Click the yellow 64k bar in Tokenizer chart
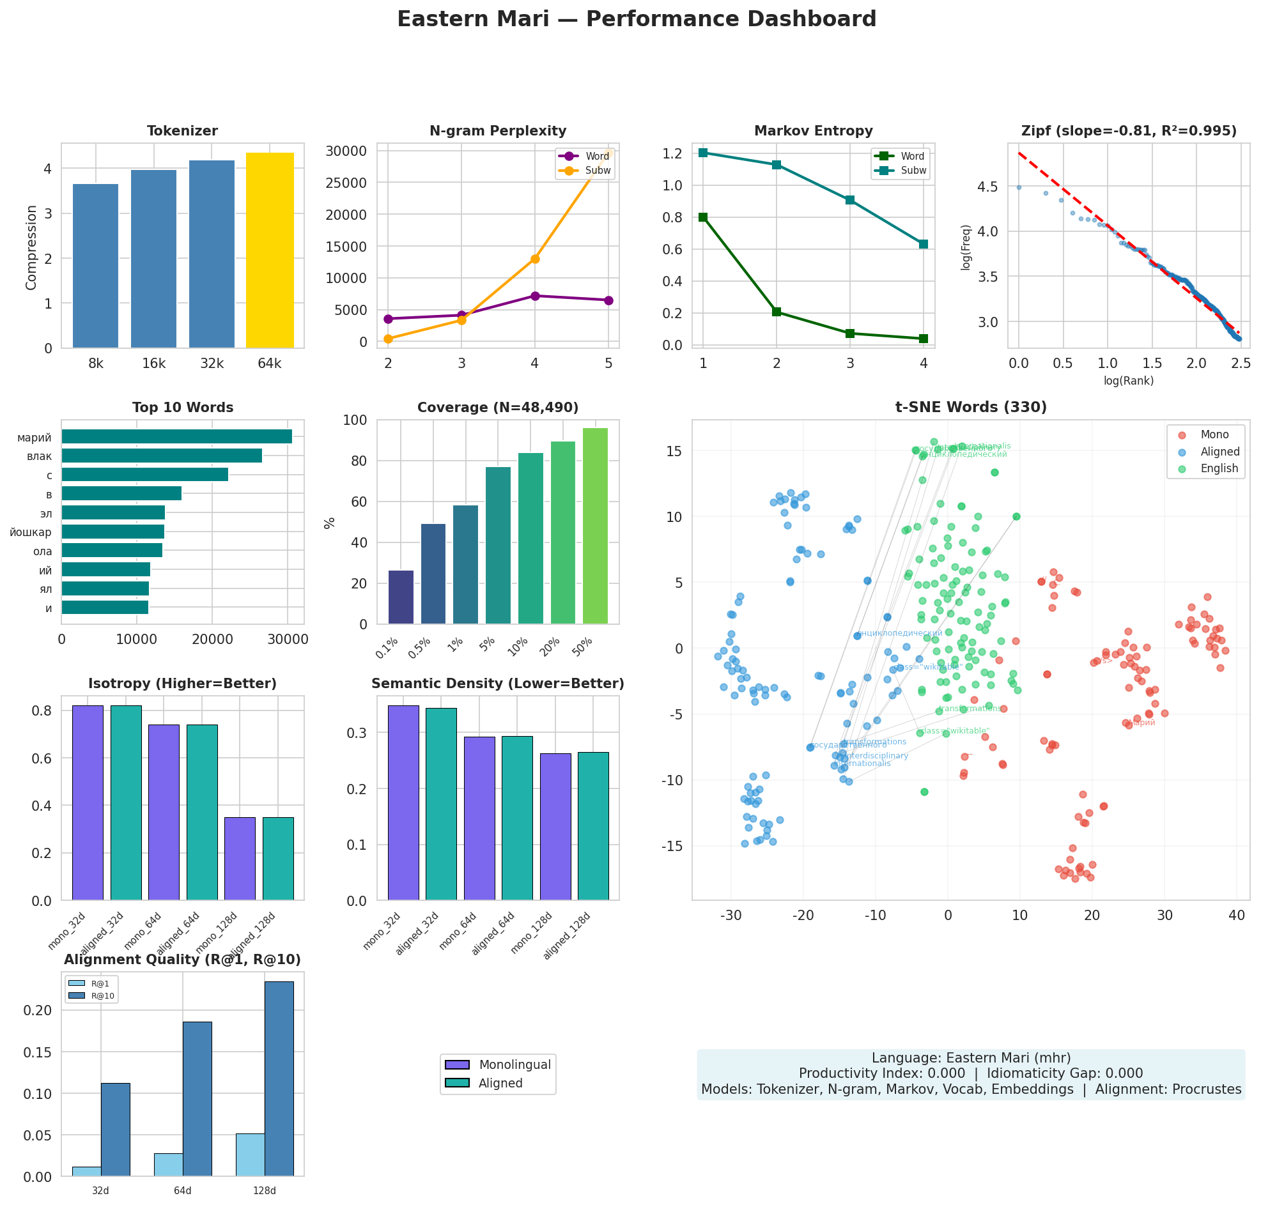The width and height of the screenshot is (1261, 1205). tap(270, 250)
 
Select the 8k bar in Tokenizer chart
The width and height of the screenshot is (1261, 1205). tap(95, 266)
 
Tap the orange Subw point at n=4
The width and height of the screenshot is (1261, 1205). tap(534, 259)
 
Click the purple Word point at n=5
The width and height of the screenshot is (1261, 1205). tap(608, 300)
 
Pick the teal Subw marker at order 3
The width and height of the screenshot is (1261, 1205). tap(850, 200)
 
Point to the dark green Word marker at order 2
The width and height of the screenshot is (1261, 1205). tap(777, 312)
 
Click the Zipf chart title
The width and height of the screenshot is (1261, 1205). tap(1129, 131)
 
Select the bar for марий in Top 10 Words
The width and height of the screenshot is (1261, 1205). tap(176, 437)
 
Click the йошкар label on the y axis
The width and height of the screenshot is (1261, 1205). tap(31, 532)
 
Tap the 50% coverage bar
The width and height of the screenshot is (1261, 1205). tap(595, 525)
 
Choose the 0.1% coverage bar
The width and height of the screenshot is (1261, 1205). tap(401, 597)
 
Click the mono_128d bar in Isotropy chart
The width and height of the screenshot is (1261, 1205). tap(240, 859)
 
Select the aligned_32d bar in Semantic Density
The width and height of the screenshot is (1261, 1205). tap(440, 804)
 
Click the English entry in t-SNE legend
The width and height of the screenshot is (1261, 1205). tap(1219, 468)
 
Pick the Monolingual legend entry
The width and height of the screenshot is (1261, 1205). tap(514, 1064)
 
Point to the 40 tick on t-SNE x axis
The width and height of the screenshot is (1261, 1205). tap(1237, 916)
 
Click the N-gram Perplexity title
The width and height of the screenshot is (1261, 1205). tap(497, 131)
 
